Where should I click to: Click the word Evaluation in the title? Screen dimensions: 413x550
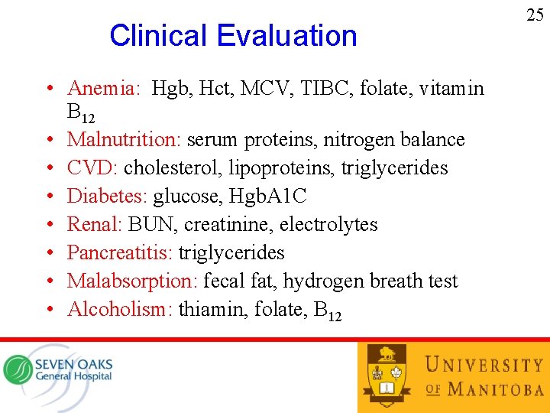click(x=286, y=36)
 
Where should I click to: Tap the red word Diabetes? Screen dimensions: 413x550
click(x=106, y=197)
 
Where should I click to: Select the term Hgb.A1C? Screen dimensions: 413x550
click(x=267, y=197)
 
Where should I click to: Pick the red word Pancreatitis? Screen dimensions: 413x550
click(x=118, y=253)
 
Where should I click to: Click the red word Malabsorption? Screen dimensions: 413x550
click(x=131, y=281)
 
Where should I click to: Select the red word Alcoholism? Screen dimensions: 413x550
click(x=115, y=310)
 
